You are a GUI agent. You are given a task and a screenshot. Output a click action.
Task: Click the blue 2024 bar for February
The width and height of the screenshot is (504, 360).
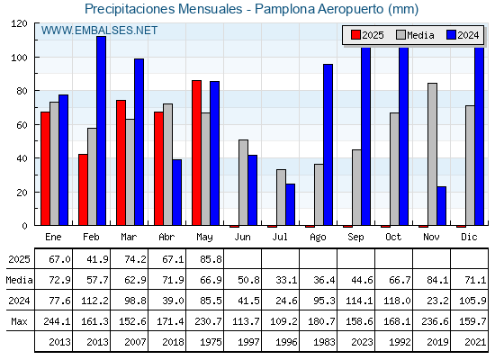(101, 130)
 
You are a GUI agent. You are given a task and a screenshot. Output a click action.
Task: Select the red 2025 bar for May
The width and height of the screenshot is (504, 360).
(197, 153)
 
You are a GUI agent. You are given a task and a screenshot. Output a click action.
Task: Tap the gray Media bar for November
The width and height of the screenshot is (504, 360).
(432, 154)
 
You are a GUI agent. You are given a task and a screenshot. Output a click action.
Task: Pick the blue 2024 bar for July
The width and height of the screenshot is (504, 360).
(290, 204)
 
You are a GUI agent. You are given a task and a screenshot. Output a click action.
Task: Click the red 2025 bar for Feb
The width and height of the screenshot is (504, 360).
(83, 190)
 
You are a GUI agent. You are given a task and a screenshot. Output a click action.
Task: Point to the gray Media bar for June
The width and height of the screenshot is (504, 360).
(243, 183)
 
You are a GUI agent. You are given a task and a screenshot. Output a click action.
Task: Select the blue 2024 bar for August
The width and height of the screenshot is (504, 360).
(328, 145)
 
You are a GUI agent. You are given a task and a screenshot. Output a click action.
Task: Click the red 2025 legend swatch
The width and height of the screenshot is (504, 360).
(355, 35)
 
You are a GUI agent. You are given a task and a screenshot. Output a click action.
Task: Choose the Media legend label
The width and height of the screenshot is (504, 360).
(420, 35)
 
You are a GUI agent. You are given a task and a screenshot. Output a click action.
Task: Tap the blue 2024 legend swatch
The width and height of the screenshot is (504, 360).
(451, 35)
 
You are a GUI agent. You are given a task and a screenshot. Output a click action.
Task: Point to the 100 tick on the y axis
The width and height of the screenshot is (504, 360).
(19, 58)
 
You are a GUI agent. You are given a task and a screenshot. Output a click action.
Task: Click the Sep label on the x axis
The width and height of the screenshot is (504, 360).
(355, 238)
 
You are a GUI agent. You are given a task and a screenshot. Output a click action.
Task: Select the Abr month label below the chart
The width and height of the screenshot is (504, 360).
(166, 238)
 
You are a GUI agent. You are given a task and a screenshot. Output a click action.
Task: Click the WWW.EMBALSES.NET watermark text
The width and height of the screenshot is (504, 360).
(99, 31)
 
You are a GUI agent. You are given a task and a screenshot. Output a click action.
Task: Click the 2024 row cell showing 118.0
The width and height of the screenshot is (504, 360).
(397, 301)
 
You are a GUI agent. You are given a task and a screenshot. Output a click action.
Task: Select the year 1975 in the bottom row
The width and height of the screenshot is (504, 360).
(211, 342)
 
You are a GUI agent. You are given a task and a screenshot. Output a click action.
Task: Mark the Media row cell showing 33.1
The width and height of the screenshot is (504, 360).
(286, 280)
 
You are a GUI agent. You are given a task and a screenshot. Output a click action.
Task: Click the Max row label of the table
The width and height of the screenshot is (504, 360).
(19, 321)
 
